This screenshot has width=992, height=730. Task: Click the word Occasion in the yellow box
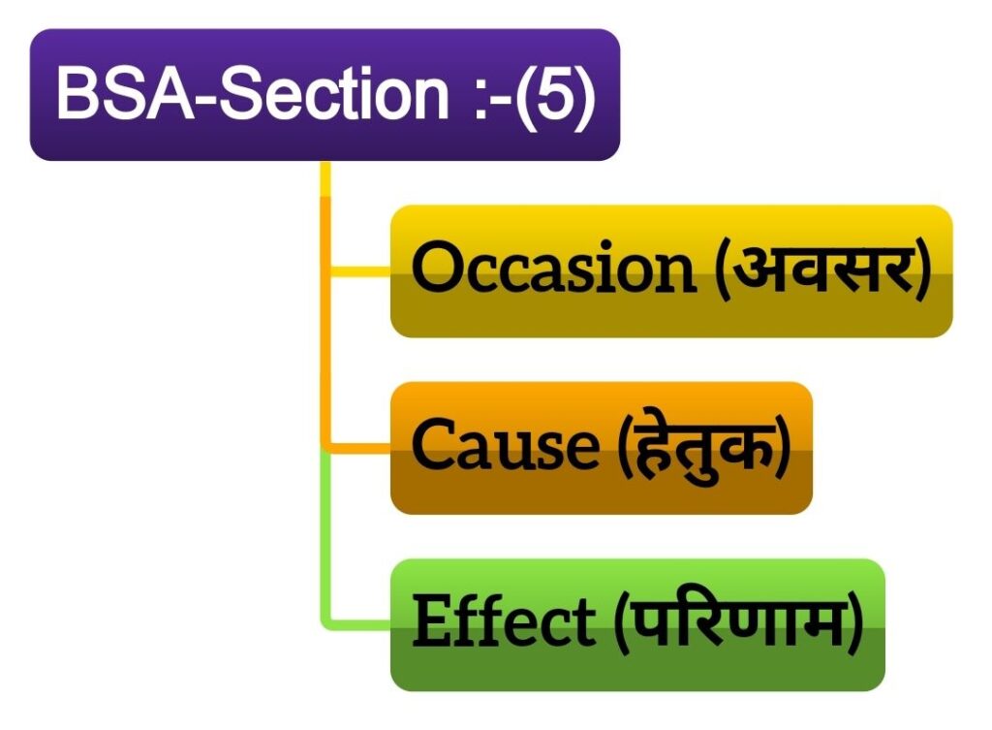pos(553,268)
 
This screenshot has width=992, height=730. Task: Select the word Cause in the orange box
pos(505,444)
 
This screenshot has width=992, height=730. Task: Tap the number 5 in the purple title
pos(555,94)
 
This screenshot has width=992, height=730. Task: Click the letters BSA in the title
pos(125,94)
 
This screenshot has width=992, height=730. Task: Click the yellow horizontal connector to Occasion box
pos(360,271)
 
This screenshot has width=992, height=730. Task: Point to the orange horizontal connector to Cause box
pos(360,448)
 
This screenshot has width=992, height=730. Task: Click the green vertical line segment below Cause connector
pos(325,538)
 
